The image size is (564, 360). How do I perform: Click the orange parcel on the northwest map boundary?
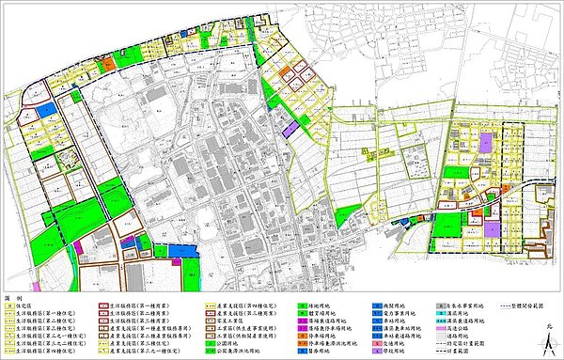[x=111, y=62]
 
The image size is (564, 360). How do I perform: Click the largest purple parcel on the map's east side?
[x=485, y=143]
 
